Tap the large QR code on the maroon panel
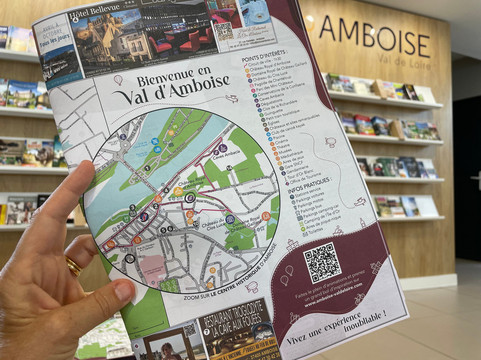click(322, 262)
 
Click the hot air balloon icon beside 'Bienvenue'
click(118, 79)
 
